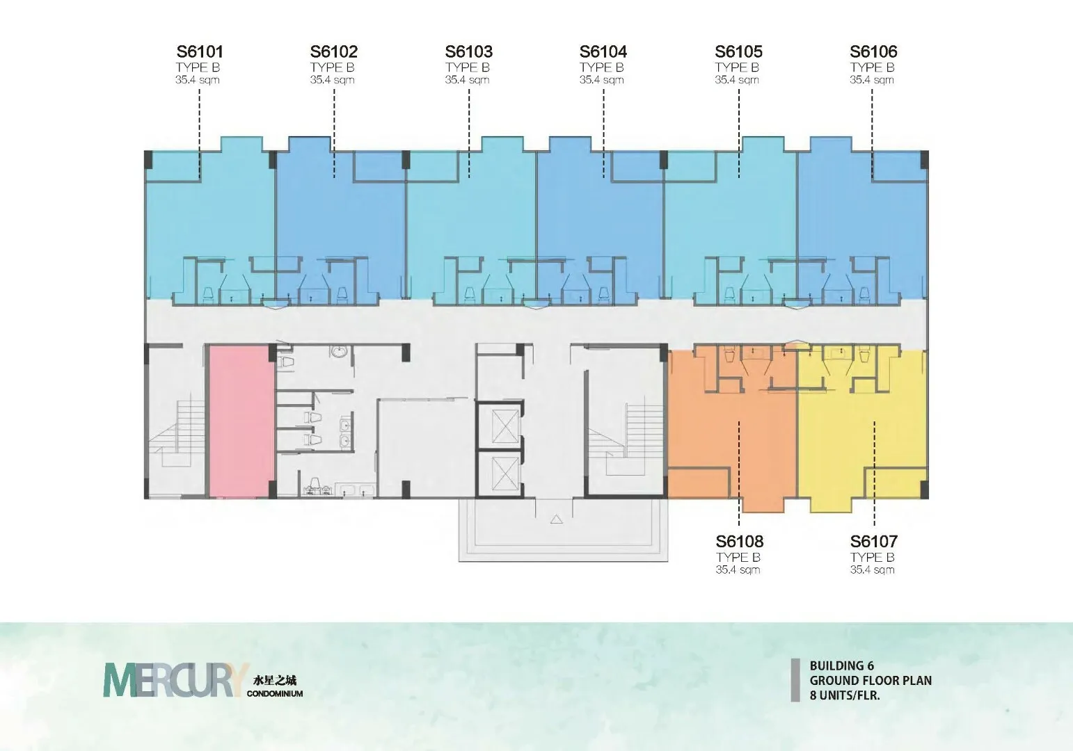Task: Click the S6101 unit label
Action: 200,51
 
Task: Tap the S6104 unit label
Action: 603,51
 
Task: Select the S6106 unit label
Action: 873,51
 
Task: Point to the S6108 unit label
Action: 740,542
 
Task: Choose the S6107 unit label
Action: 874,542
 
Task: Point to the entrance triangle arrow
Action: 556,519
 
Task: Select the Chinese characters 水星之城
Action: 274,680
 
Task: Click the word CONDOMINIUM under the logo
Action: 275,693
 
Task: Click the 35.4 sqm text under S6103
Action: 467,80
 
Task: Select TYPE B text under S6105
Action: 737,67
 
